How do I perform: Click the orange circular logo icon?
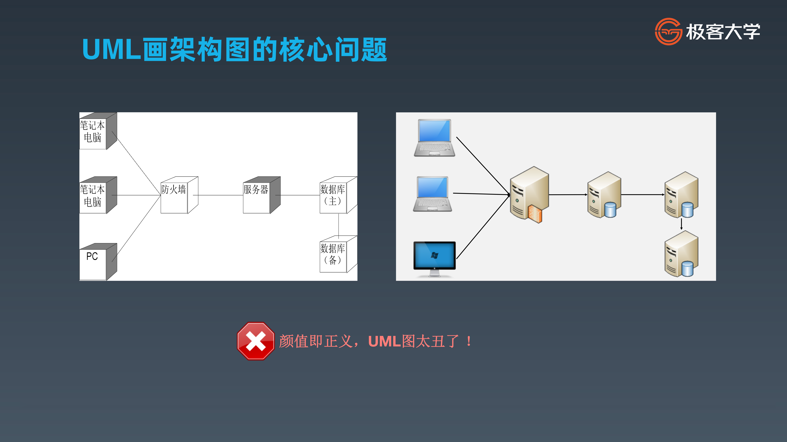tap(668, 31)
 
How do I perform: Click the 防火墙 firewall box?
tap(177, 195)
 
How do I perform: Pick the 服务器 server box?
tap(260, 195)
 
